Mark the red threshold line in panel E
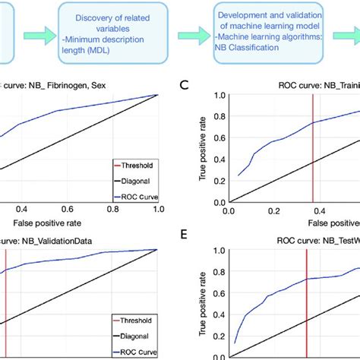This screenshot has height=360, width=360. click(306, 304)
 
